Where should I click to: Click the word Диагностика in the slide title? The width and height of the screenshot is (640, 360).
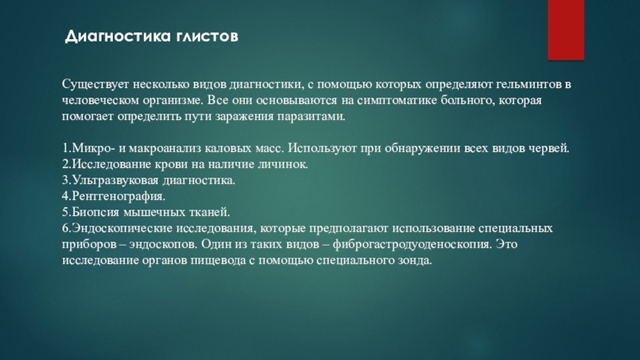[118, 37]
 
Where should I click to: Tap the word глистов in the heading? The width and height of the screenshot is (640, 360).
[207, 37]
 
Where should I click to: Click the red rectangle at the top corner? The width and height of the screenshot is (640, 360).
[566, 30]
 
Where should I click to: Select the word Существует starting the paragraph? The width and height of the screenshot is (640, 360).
[95, 85]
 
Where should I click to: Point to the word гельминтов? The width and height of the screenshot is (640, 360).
[529, 85]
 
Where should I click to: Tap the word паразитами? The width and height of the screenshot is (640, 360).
[311, 116]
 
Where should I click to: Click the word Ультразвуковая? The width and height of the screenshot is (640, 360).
[115, 180]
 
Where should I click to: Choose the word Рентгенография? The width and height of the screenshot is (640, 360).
[118, 196]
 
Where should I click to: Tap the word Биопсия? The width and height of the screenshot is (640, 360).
[95, 212]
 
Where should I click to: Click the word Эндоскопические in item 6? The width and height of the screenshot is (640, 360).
[120, 228]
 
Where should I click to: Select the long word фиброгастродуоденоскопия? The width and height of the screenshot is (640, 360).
[412, 244]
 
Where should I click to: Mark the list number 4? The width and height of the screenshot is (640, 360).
[66, 196]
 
